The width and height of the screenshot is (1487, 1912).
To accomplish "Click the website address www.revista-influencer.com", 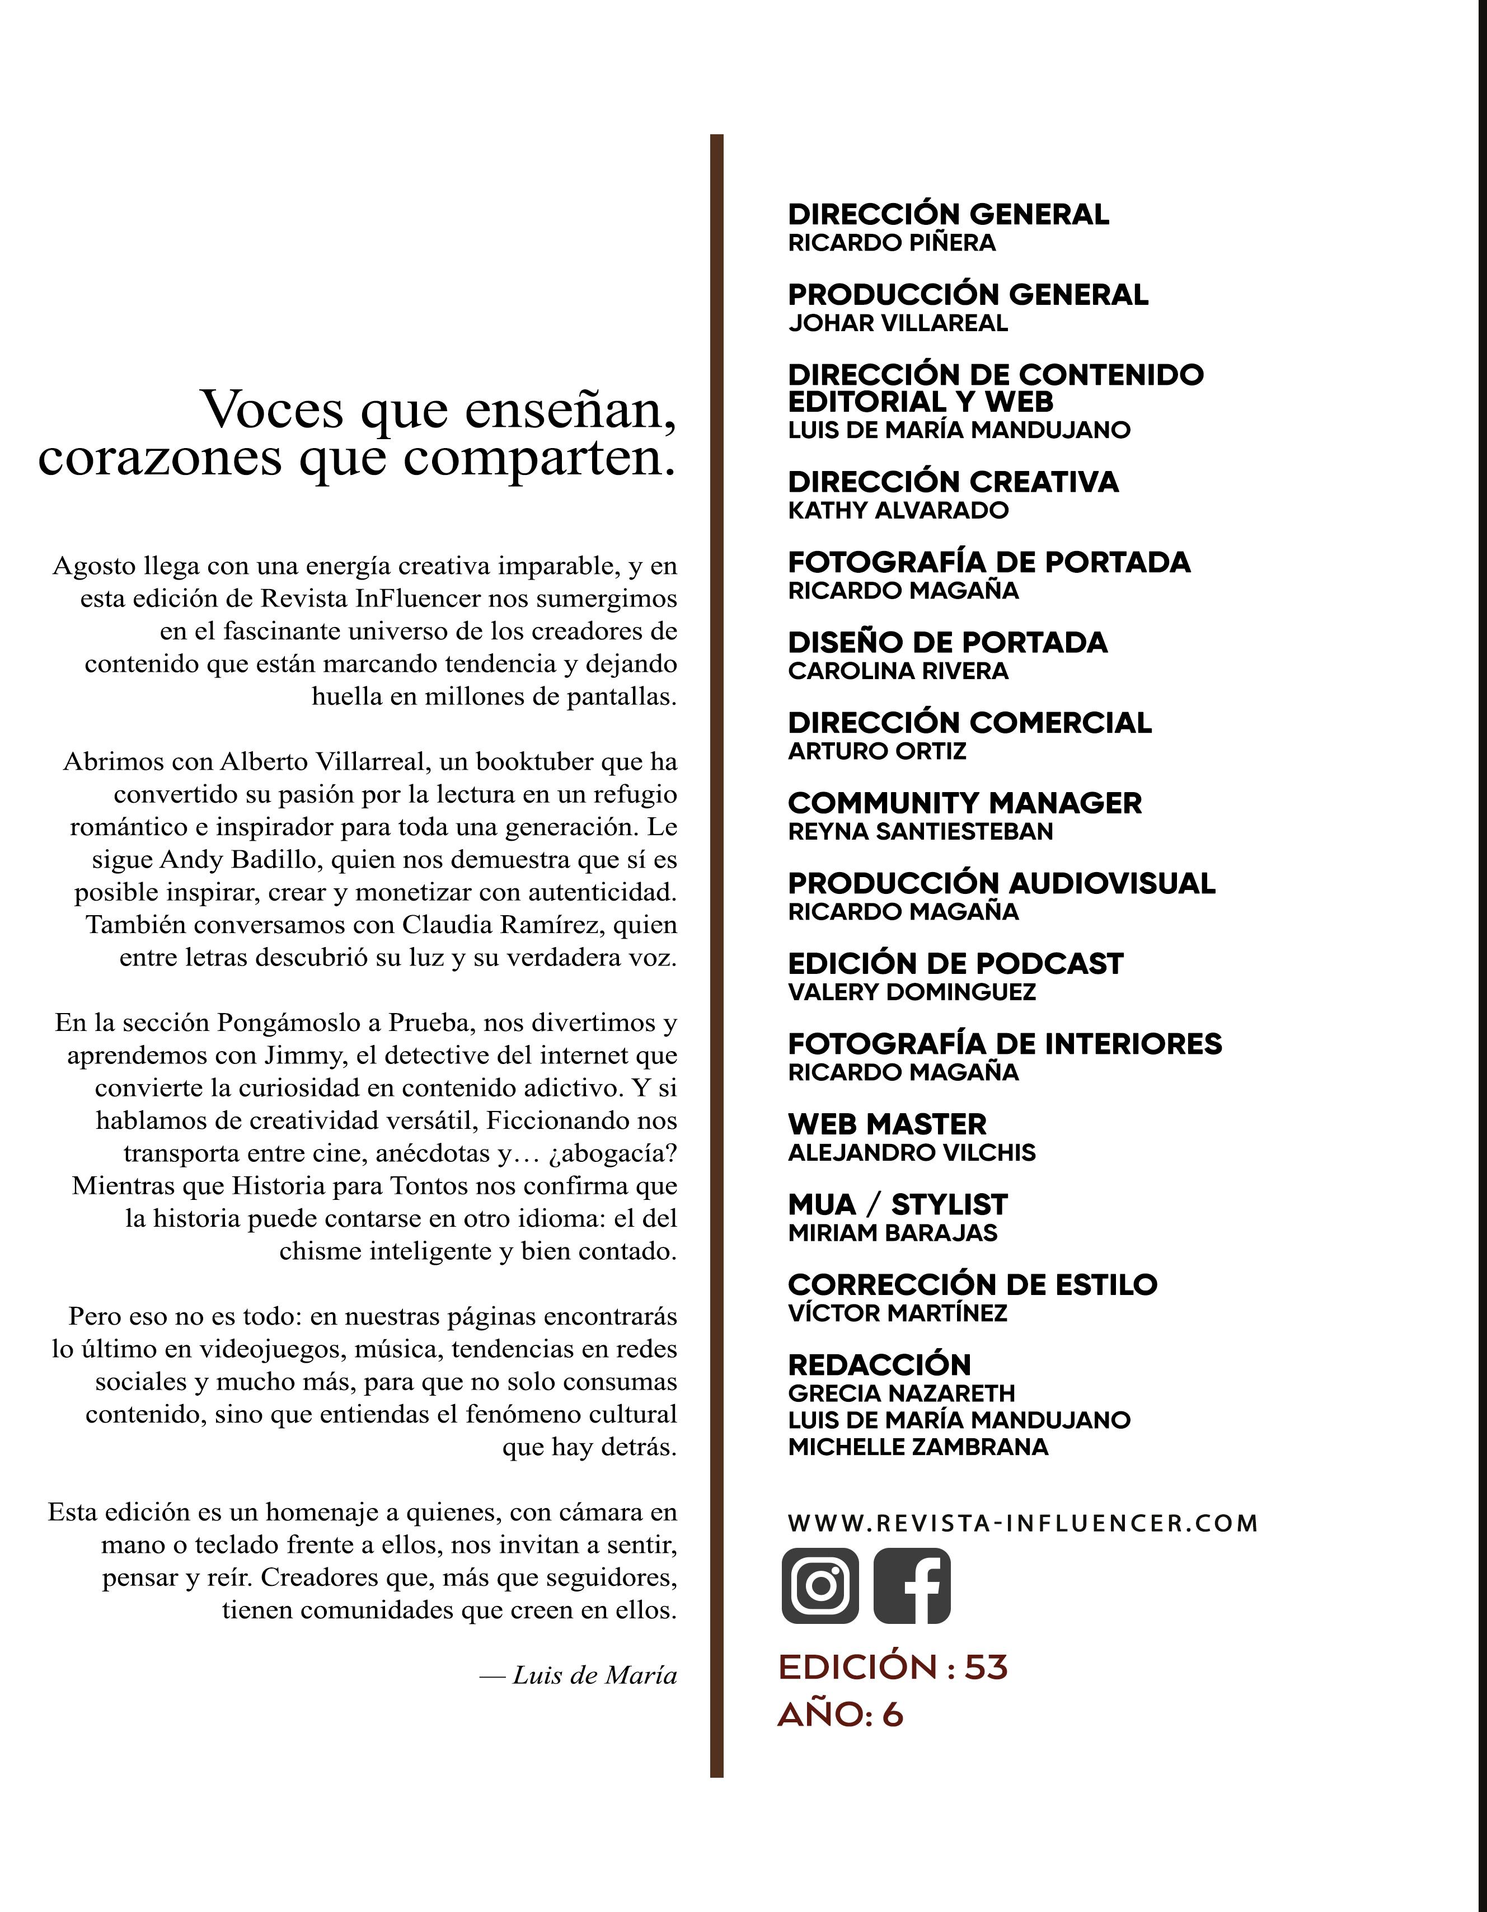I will coord(1022,1523).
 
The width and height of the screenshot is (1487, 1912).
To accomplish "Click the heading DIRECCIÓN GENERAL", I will coord(949,214).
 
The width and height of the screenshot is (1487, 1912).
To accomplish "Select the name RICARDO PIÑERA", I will coord(892,243).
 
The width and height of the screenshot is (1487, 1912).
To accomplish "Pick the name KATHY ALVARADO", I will coord(898,510).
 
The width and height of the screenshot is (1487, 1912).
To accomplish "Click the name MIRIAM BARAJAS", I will coord(893,1233).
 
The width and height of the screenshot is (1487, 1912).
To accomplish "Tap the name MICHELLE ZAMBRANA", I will coord(918,1447).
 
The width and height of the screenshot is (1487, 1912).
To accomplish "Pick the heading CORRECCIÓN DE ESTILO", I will coord(972,1284).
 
